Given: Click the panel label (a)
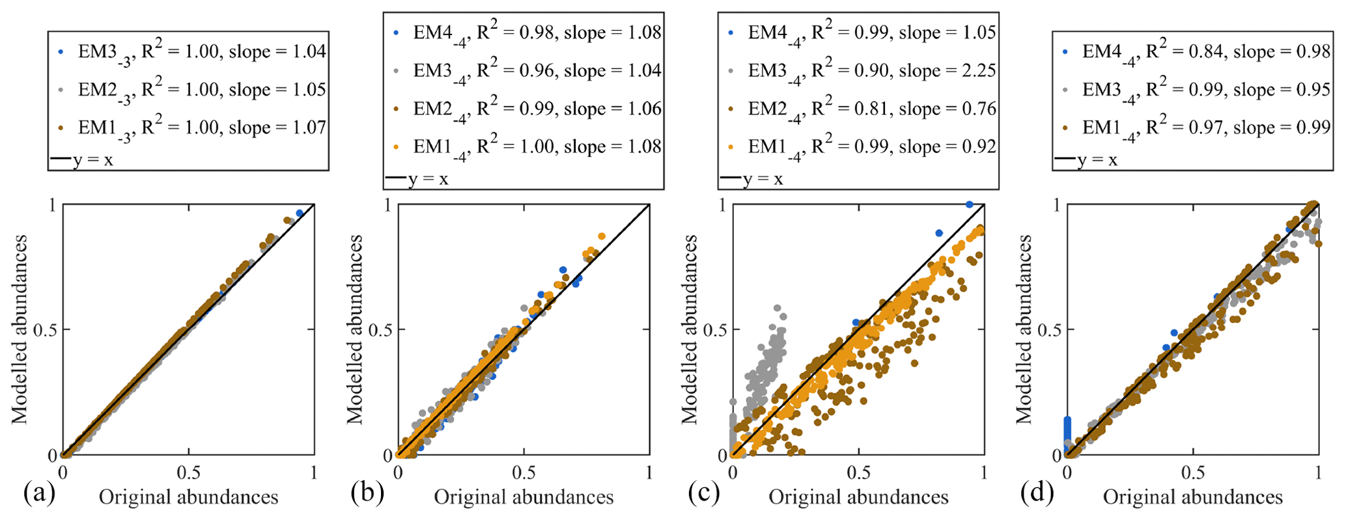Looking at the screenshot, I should [x=39, y=495].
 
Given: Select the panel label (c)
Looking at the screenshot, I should [x=703, y=495].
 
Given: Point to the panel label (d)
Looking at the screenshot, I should [x=1037, y=495].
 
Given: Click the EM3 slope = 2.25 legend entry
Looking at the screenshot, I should [x=871, y=70].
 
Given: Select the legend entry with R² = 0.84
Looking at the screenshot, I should [x=1205, y=51].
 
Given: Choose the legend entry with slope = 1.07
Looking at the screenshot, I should [x=201, y=128].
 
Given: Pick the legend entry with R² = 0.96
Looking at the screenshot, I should [x=537, y=70].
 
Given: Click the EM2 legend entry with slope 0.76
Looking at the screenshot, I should [x=871, y=109].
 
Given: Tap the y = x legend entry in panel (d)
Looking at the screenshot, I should [x=1086, y=159].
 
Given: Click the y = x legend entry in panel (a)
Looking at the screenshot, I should [x=81, y=159].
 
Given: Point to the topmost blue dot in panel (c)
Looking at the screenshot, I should [x=969, y=204].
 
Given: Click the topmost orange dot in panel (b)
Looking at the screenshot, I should [x=602, y=236].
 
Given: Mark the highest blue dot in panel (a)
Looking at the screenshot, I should [x=300, y=213].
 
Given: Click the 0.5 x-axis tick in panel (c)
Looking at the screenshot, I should [x=859, y=471].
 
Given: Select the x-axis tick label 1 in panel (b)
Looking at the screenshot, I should [x=649, y=471].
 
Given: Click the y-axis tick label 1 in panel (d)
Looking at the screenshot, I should [x=1058, y=205].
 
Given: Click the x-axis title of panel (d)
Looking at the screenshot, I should [x=1192, y=498].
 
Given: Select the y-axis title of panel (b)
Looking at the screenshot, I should [x=354, y=330].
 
